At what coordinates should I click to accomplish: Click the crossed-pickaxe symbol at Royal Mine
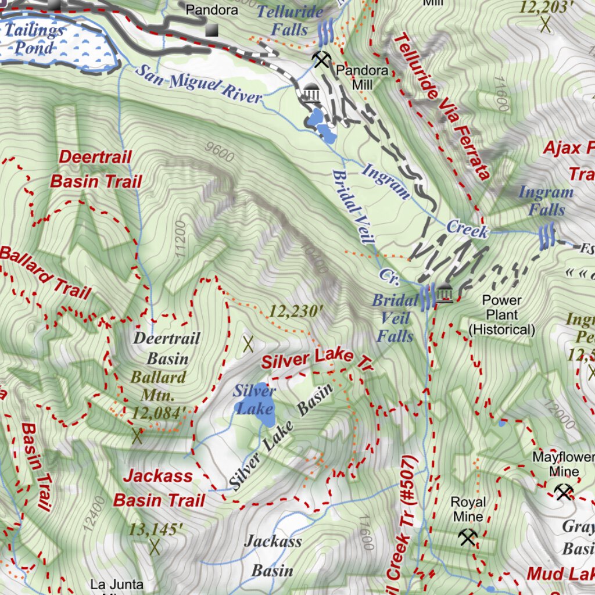point(468,537)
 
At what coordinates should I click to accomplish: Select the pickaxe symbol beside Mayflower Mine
point(563,492)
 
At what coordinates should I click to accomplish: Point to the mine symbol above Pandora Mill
point(321,59)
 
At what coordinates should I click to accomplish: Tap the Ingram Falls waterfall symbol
point(546,237)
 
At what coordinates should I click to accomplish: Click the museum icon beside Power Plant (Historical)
point(445,295)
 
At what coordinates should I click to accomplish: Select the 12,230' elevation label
point(295,311)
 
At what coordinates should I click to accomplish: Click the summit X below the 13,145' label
point(154,546)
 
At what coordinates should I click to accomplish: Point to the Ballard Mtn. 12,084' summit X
point(137,436)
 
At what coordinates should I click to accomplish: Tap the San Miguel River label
point(199,84)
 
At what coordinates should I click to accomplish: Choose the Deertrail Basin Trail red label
point(96,169)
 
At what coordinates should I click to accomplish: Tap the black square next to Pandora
point(213,29)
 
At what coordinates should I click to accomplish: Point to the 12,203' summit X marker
point(546,24)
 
